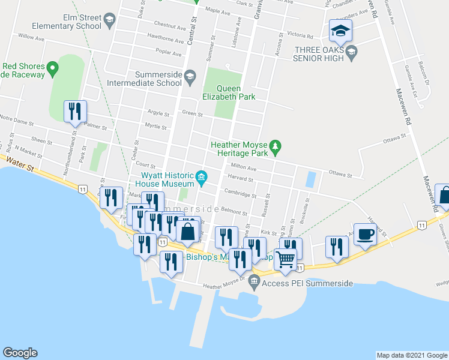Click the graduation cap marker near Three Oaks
[340, 31]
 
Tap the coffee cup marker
[365, 235]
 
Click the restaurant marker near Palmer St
[76, 112]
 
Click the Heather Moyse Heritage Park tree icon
[276, 146]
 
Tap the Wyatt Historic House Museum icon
[202, 176]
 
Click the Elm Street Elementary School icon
[109, 22]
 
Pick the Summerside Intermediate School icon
[190, 76]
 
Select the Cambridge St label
[240, 193]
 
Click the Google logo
[20, 353]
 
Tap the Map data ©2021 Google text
[411, 355]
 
